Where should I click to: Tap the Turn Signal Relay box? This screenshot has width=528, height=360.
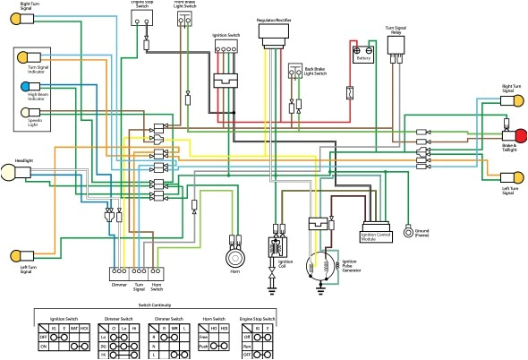[x=396, y=62]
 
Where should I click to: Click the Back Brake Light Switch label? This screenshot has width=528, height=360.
[x=314, y=71]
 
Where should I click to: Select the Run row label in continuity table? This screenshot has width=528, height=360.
[x=245, y=343]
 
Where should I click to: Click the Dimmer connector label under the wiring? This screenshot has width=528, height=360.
[x=119, y=285]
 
